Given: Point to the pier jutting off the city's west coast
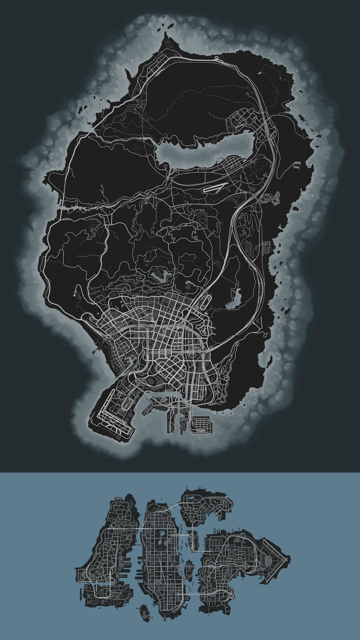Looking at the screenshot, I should click(95, 350).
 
